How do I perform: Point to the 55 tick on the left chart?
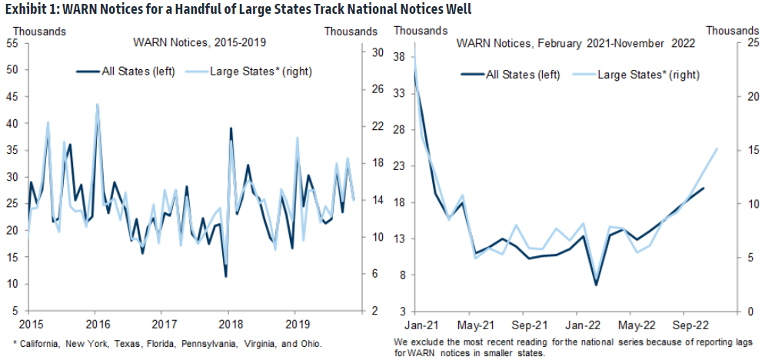[x=12, y=43]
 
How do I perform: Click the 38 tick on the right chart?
[x=399, y=57]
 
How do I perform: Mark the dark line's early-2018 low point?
[x=225, y=276]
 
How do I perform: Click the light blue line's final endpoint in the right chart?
[x=717, y=149]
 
